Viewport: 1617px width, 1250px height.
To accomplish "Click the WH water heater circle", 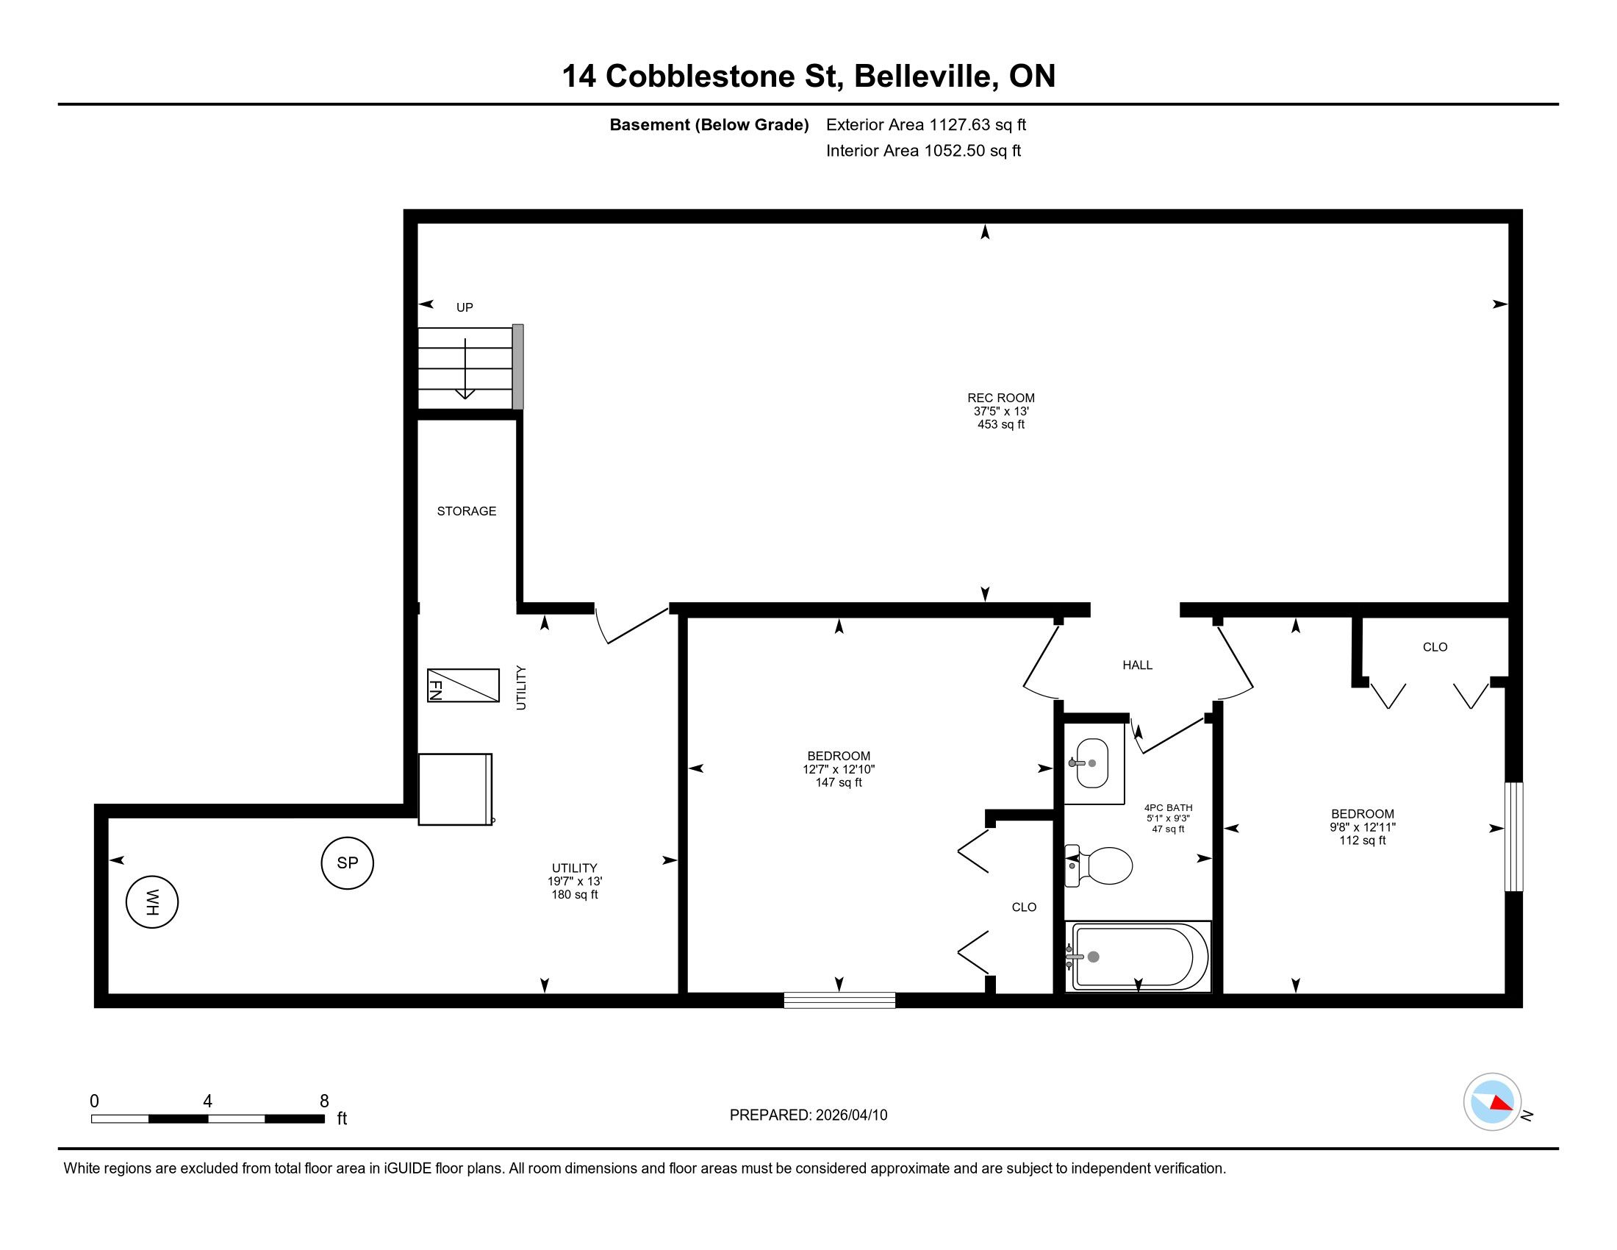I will [x=152, y=902].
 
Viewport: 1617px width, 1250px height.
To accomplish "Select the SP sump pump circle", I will [x=347, y=863].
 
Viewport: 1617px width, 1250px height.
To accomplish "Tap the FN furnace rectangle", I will [x=463, y=686].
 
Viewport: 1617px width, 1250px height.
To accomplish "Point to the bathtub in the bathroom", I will [x=1137, y=956].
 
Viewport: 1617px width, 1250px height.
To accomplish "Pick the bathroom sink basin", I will [x=1091, y=762].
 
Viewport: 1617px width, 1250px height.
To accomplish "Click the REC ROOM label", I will [x=1001, y=398].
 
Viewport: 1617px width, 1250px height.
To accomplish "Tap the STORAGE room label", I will [x=467, y=511].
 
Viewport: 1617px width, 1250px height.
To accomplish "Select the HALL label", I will [x=1137, y=665].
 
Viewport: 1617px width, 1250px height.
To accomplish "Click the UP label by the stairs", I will [x=465, y=307].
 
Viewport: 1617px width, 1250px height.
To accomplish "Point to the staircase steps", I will [x=465, y=368].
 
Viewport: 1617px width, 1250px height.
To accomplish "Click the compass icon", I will [x=1492, y=1101].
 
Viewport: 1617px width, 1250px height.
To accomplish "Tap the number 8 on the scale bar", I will [x=323, y=1101].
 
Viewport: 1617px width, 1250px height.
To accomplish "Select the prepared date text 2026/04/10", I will [x=850, y=1115].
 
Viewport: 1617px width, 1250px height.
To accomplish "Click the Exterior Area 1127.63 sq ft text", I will [x=926, y=124].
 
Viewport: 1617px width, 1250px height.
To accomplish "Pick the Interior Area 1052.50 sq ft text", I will [x=923, y=150].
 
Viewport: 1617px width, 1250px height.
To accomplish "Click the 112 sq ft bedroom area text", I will [x=1362, y=840].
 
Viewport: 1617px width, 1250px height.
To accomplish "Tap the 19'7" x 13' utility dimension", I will [x=575, y=881].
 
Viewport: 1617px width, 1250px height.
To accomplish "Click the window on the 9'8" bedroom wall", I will [x=1514, y=837].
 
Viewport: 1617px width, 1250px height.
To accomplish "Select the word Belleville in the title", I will [x=924, y=76].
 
